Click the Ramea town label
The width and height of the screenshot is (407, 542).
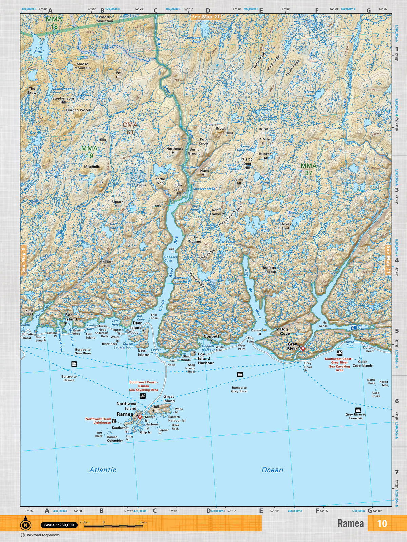pos(125,414)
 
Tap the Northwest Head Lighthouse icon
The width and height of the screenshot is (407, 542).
pos(114,421)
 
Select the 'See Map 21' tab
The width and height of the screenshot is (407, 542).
pos(206,17)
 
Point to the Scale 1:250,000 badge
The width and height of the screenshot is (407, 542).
pos(59,525)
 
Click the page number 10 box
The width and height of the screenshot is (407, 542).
pos(382,523)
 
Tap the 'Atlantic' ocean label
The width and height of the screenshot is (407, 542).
pos(102,470)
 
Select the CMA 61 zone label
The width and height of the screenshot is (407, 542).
pos(130,128)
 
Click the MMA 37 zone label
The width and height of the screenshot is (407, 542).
pos(308,169)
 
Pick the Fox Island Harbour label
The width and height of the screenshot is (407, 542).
pos(206,358)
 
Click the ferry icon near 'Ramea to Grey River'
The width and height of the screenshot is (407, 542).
pos(240,374)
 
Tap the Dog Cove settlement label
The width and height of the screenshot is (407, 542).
pos(285,331)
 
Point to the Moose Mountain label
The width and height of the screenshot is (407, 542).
pos(82,66)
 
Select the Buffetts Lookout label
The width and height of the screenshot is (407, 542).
pos(269,269)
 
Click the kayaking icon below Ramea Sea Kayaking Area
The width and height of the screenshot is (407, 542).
pos(143,396)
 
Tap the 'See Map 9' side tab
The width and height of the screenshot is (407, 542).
pos(23,259)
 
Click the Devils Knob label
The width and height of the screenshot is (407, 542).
pos(285,226)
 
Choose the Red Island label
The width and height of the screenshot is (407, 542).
pos(71,317)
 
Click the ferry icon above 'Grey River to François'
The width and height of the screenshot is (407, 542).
pos(357,410)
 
